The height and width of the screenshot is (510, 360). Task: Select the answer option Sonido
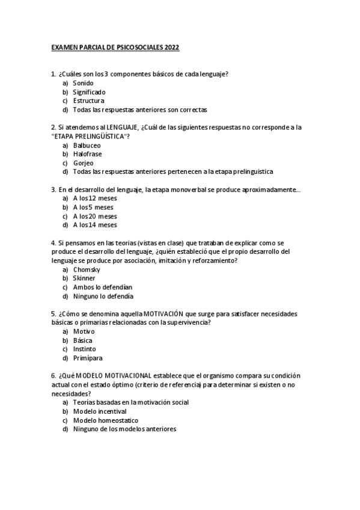pos(84,83)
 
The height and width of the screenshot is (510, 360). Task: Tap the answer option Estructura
pos(88,101)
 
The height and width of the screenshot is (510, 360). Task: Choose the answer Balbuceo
pos(87,145)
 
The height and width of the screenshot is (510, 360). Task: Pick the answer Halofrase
pos(87,154)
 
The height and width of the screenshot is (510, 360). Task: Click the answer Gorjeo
pos(84,163)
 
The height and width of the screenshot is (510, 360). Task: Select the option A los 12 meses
pos(94,198)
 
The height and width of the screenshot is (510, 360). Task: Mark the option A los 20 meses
pos(94,216)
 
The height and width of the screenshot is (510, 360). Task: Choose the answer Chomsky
pos(87,269)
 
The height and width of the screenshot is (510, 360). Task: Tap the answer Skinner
pos(84,278)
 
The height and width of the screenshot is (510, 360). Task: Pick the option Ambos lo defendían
pos(102,287)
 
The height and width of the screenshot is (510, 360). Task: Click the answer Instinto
pos(84,349)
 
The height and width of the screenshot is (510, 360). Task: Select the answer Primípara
pos(87,358)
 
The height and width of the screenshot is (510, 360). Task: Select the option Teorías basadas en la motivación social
pos(130,402)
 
